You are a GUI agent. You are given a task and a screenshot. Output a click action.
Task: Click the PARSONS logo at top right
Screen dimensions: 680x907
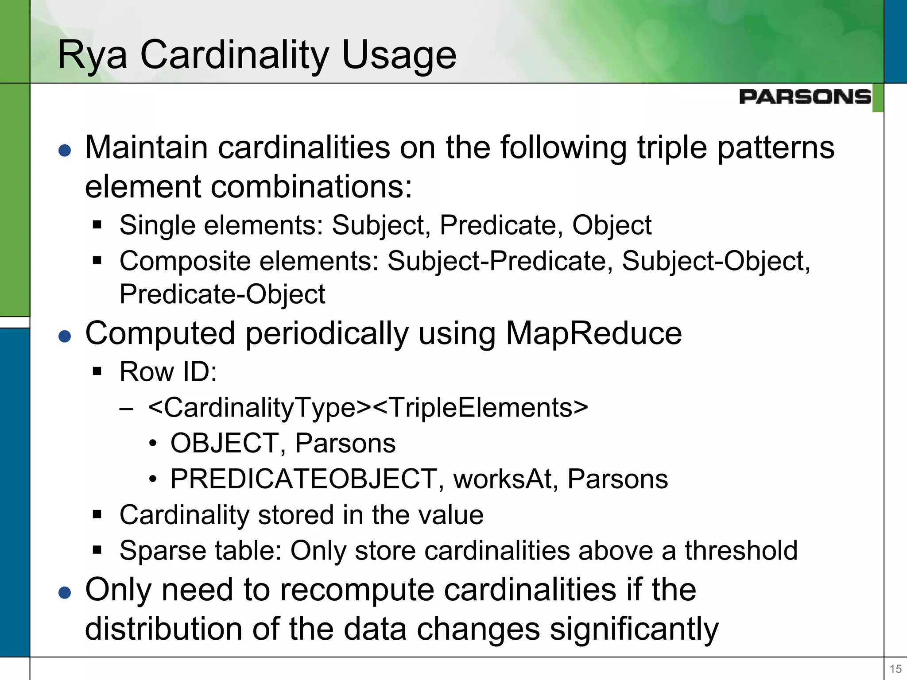click(x=805, y=97)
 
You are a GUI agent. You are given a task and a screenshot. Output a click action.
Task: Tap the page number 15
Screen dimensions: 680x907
click(x=895, y=669)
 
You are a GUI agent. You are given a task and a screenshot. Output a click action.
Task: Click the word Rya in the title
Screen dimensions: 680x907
click(x=93, y=55)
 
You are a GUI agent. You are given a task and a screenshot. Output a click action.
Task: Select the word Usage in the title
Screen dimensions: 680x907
click(x=399, y=55)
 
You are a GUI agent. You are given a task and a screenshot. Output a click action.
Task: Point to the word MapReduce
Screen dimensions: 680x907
click(x=593, y=333)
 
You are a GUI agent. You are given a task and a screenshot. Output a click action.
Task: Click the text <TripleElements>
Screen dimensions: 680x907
click(x=481, y=407)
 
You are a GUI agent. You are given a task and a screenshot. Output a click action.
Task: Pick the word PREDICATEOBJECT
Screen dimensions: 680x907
click(x=304, y=479)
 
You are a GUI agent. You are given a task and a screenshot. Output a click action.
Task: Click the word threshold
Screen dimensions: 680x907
click(x=741, y=551)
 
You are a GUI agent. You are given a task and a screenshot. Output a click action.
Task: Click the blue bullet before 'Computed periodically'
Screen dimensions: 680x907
click(x=65, y=336)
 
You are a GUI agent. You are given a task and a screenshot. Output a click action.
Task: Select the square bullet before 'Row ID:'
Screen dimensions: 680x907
click(x=97, y=371)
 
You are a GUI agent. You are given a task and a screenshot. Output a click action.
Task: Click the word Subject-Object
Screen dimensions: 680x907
click(x=716, y=261)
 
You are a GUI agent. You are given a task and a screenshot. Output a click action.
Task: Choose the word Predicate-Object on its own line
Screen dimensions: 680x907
click(x=222, y=294)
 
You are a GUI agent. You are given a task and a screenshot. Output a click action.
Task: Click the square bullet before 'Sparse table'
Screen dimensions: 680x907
click(x=97, y=550)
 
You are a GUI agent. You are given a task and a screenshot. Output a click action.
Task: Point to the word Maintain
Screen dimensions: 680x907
click(x=146, y=147)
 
